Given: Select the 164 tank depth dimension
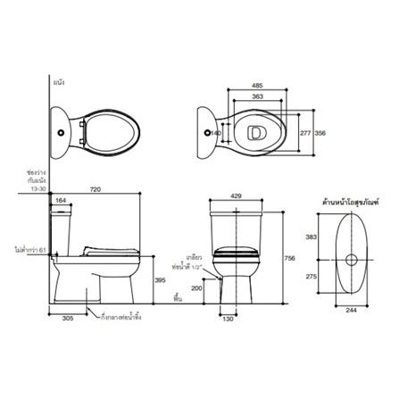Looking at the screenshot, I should pos(62,201).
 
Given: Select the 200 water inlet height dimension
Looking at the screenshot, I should pos(195,288).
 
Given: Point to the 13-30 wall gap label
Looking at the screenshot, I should pos(37,189).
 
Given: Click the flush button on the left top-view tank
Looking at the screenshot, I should pos(62,132).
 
